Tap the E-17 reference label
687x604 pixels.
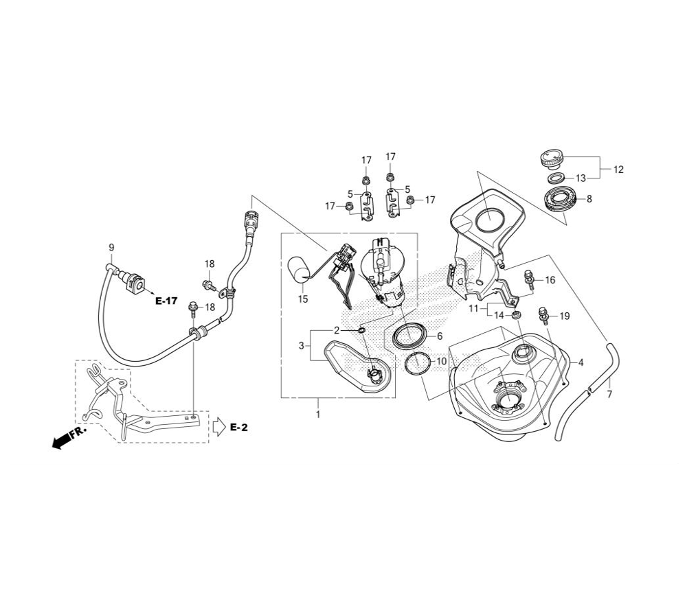[x=166, y=301]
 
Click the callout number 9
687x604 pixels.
[x=111, y=247]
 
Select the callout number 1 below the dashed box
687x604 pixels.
[x=317, y=415]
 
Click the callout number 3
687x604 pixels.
[x=301, y=345]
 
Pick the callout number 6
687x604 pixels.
[x=440, y=336]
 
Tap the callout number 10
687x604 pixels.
[x=441, y=361]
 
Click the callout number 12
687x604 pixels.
[x=618, y=169]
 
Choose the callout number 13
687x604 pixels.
[x=581, y=178]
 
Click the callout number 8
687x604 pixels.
[x=588, y=199]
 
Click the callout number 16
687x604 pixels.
[x=550, y=280]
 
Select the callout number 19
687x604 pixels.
[x=564, y=316]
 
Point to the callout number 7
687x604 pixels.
[x=609, y=395]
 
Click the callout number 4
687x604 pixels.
[x=581, y=362]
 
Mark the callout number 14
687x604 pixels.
[x=499, y=315]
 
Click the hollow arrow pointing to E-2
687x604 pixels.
[x=218, y=427]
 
